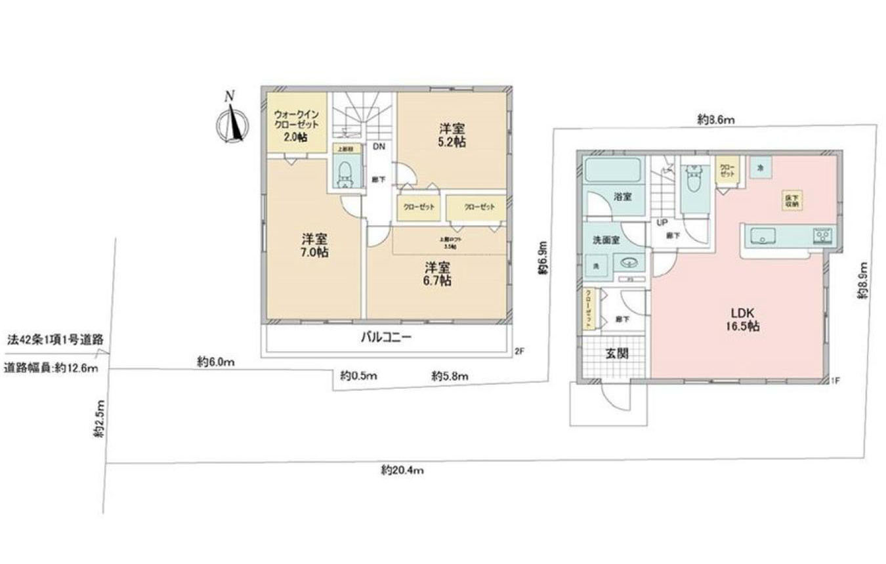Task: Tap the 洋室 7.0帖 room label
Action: tap(315, 245)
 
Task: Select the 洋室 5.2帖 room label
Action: tap(452, 135)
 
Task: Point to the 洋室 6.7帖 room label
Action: tap(436, 274)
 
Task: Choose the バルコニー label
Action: tap(386, 339)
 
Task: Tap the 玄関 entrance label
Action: tap(616, 353)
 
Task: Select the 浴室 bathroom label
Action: tap(623, 196)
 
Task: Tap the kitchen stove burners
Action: tap(822, 234)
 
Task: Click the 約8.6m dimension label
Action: tap(716, 119)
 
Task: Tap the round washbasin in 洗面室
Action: tap(629, 263)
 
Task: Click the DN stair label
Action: tap(379, 147)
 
